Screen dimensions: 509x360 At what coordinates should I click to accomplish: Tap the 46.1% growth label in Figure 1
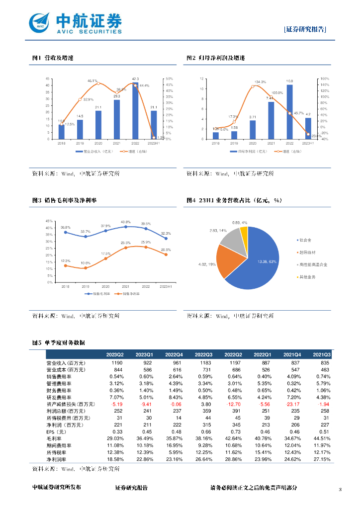(x=93, y=81)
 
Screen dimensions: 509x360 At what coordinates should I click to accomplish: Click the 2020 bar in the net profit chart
(x=253, y=130)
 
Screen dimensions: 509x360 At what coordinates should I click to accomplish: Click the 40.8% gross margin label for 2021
(x=126, y=222)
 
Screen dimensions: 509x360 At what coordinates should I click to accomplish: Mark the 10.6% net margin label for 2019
(x=86, y=263)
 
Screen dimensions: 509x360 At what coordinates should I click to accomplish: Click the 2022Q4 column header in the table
(x=175, y=354)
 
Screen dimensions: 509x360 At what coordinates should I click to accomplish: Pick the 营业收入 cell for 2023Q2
(x=115, y=363)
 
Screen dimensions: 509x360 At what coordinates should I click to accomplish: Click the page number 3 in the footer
(x=340, y=490)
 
